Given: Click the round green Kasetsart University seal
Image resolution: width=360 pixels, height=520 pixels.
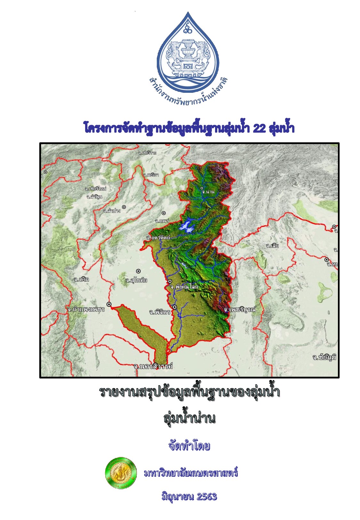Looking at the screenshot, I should click(x=121, y=473).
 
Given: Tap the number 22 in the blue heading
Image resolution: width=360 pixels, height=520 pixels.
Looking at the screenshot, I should click(x=259, y=128).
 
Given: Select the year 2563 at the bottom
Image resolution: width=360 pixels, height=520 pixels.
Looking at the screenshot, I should click(x=207, y=497).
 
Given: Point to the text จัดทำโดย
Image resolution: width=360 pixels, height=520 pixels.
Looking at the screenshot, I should click(x=189, y=446).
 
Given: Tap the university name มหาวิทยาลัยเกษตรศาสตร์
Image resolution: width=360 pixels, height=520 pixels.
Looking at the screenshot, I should click(x=191, y=473).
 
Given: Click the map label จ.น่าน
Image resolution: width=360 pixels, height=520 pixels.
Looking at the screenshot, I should click(x=208, y=192).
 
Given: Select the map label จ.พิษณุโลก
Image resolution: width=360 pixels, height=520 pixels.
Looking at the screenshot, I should click(x=184, y=287).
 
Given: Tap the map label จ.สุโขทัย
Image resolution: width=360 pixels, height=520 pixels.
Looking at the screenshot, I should click(x=137, y=281).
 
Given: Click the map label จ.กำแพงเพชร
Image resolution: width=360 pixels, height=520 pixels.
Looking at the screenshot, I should click(x=86, y=309).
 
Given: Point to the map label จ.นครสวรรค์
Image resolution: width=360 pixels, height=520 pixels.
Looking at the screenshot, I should click(x=153, y=366).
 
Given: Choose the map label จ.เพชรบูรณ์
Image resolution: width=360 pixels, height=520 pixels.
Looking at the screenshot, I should click(x=240, y=309).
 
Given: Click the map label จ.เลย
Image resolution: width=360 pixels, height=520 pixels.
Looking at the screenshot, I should click(x=272, y=246).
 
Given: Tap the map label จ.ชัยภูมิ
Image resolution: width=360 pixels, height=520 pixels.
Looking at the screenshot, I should click(x=324, y=357).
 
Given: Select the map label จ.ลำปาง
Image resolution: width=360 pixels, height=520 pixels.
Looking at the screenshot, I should click(x=112, y=211).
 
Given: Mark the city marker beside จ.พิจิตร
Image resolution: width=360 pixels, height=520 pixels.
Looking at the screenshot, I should click(x=175, y=307).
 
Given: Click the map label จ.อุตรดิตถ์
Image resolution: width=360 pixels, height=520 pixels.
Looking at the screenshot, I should click(x=158, y=238).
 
